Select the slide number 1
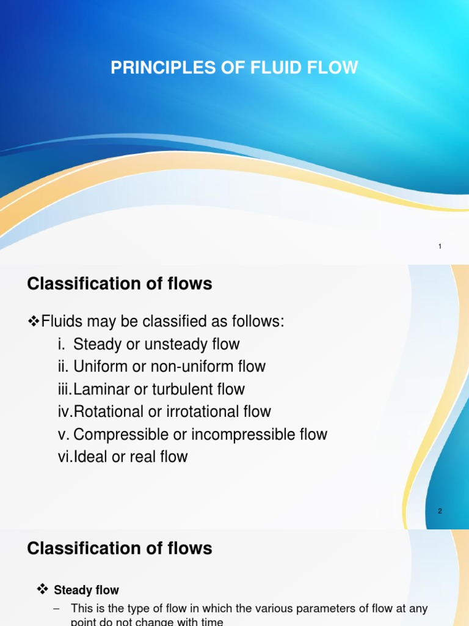(440, 246)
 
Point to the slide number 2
(440, 511)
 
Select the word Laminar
(98, 389)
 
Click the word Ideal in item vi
(90, 457)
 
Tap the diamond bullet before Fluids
(34, 322)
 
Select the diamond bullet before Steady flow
(42, 590)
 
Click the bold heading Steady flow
(87, 591)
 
